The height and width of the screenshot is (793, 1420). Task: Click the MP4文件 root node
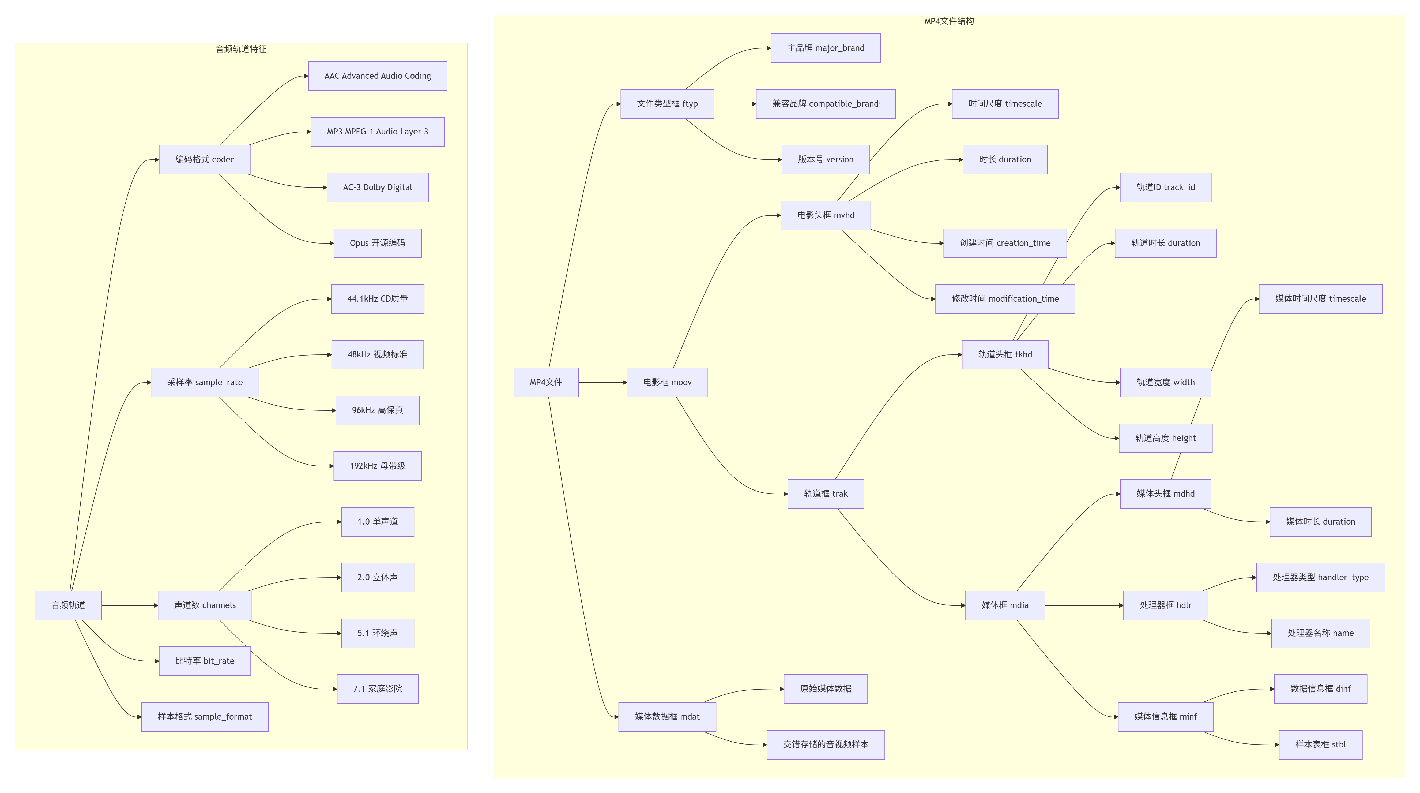(546, 382)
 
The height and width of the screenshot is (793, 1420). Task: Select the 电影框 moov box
(667, 382)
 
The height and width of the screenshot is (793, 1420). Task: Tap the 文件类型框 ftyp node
(667, 104)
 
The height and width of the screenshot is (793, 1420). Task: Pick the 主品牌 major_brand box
(825, 48)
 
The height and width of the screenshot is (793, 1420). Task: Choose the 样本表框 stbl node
(1320, 745)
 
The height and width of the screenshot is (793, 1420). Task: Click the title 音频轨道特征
(241, 49)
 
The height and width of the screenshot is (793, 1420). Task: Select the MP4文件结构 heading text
(949, 21)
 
